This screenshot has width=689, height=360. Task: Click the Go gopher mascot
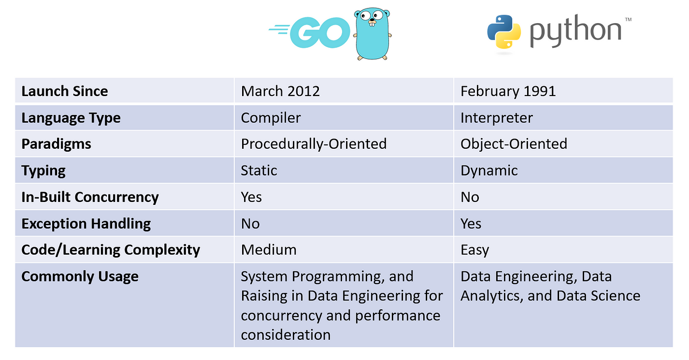(x=372, y=34)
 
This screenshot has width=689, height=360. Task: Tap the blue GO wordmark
(x=310, y=33)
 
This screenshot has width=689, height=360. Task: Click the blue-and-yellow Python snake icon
(x=504, y=32)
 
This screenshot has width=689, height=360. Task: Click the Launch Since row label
(x=64, y=91)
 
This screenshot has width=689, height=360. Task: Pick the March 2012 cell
(x=280, y=91)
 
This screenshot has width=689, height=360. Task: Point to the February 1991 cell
(x=508, y=91)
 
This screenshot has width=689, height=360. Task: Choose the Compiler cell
(x=271, y=118)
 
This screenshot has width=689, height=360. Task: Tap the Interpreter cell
(x=497, y=118)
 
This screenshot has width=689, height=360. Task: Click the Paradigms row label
(x=56, y=144)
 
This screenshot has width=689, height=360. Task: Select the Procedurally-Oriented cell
(x=314, y=144)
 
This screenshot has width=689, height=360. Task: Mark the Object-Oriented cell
(x=514, y=144)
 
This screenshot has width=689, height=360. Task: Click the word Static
(x=259, y=170)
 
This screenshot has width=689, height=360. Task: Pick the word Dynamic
(x=489, y=170)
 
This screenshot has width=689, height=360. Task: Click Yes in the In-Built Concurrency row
(x=251, y=197)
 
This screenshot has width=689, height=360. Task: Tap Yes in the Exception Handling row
(x=470, y=224)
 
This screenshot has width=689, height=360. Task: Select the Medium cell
(x=269, y=250)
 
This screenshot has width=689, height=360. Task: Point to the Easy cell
(x=474, y=250)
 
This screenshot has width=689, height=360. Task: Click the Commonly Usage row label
(x=80, y=276)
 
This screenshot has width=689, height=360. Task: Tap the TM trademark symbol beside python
(x=628, y=19)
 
